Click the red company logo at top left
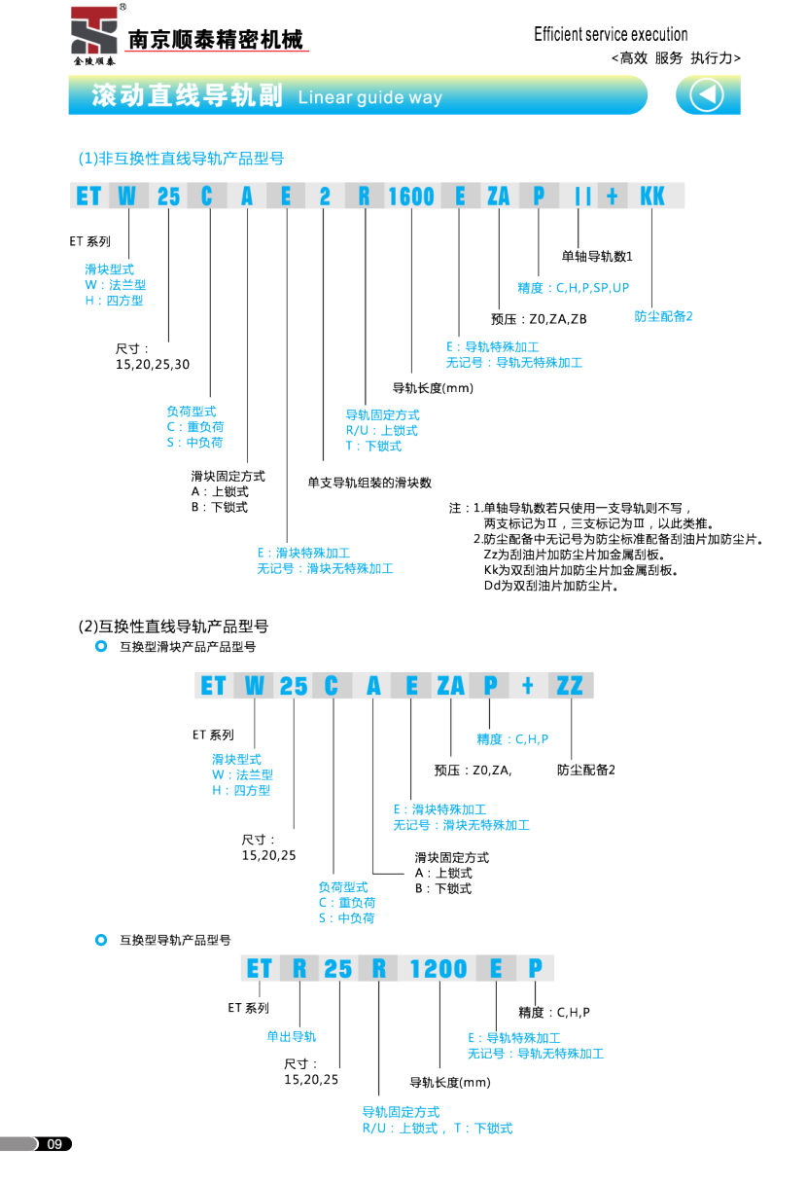coord(93,32)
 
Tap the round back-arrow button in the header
coord(707,95)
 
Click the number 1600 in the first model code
coord(410,197)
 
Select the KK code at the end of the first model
coord(651,197)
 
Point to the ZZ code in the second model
coord(569,686)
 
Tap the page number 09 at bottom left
coord(54,1144)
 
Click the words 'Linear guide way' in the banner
coord(369,97)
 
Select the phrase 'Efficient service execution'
coord(611,35)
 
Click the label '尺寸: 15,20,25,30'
coord(153,356)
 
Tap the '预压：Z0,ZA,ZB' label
coord(539,318)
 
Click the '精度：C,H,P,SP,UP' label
coord(573,288)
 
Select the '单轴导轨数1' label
coord(597,257)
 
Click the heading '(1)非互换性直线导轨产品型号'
coord(181,158)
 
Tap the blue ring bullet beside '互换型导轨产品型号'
coord(100,940)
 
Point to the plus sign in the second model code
coord(527,686)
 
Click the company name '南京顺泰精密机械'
coord(215,40)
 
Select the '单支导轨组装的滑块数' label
coord(369,482)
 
